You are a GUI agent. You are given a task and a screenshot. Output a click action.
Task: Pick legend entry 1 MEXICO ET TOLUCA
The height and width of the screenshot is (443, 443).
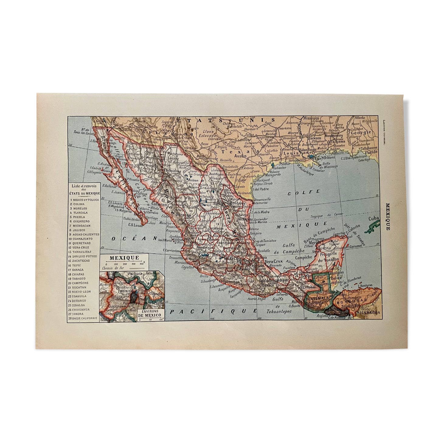point(84,200)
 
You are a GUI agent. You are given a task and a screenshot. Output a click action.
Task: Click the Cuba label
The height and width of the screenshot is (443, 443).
point(374,218)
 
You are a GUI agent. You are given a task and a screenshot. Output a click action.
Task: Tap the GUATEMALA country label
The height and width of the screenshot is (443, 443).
point(317,298)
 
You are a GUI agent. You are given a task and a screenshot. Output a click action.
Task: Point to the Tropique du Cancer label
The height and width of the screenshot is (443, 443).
point(326,216)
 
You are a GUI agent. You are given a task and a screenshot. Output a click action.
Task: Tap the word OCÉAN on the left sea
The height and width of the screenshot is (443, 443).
point(134,239)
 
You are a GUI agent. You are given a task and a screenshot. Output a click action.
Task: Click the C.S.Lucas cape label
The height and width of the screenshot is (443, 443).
point(136,225)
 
